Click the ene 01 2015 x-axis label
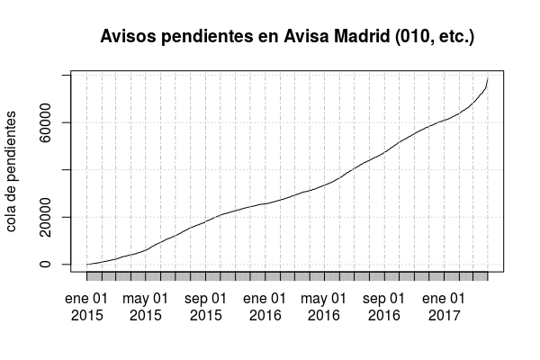click(86, 307)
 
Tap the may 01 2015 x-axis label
click(146, 307)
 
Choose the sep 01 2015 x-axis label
click(206, 307)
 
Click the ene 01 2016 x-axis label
click(265, 307)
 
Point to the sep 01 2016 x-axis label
click(384, 307)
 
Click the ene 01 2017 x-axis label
click(445, 307)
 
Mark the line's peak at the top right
click(488, 78)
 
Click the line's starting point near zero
click(87, 264)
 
